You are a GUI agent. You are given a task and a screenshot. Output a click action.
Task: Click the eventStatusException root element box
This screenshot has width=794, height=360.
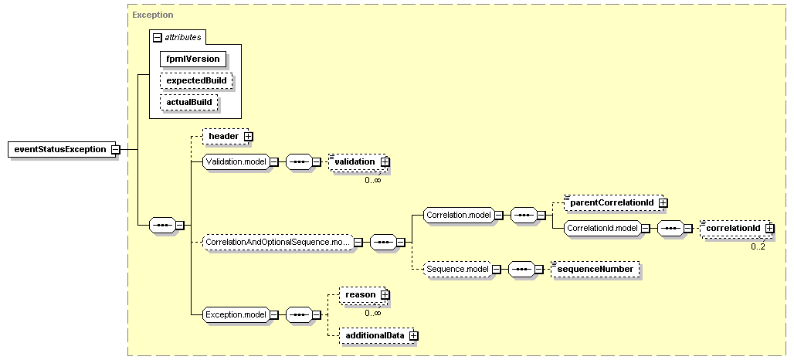62,149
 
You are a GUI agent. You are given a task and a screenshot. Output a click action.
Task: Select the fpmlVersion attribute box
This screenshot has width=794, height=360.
193,59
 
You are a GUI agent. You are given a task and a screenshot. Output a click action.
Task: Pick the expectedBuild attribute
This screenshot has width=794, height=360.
196,80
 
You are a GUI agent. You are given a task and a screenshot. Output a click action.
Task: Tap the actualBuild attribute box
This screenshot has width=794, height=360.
189,102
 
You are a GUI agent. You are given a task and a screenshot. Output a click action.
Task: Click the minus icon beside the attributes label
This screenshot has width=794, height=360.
158,38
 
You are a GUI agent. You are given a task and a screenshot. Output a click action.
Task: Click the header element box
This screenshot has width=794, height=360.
223,136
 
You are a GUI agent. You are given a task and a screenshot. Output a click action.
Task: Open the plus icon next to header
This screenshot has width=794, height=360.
248,136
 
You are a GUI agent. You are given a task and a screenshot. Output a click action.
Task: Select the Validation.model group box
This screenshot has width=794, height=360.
236,161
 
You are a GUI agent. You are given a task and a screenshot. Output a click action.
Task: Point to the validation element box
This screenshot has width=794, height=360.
355,161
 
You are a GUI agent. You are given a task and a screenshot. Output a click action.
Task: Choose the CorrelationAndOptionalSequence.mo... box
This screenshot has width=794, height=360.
278,242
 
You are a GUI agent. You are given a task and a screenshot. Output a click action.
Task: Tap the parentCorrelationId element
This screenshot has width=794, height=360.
612,202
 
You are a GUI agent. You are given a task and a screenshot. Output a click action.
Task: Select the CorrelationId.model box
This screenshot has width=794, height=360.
602,228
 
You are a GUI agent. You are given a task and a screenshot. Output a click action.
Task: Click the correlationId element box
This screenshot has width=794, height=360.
733,228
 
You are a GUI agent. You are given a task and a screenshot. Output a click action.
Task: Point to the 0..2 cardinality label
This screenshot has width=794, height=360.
758,246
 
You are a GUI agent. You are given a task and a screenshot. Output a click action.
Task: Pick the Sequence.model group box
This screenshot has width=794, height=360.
458,269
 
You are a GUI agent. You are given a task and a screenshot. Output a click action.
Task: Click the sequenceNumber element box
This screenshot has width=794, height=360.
595,269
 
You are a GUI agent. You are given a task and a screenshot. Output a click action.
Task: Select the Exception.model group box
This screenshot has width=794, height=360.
236,314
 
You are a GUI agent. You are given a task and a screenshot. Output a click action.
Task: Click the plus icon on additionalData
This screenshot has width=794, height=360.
414,335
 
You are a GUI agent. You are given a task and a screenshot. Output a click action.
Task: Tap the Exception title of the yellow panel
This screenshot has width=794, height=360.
153,15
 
